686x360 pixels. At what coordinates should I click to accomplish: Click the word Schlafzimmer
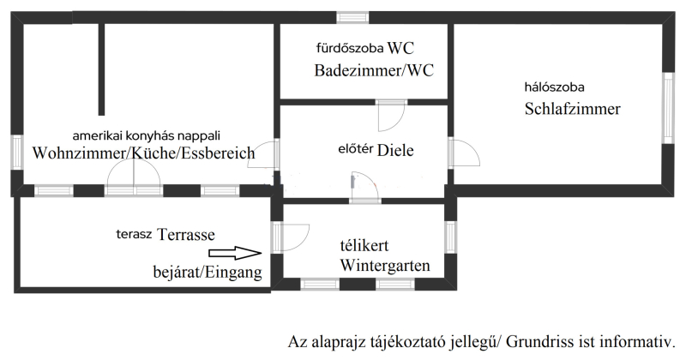coord(572,109)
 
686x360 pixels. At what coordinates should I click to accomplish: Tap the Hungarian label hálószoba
coord(554,87)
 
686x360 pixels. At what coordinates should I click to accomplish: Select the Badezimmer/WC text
coord(374,70)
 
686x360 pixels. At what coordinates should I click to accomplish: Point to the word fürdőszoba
coord(350,48)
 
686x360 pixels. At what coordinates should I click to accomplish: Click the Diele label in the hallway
coord(395,150)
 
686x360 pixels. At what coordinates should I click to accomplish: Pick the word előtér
coord(355,149)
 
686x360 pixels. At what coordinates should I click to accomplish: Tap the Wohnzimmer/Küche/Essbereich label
coord(143,153)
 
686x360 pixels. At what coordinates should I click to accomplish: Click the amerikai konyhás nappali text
coord(146,135)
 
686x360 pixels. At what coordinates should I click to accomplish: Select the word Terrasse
coord(186,235)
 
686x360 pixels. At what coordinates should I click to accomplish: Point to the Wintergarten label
coord(385,265)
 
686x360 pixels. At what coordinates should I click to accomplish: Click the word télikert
coord(364,245)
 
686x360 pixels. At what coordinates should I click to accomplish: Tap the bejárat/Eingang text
coord(208,272)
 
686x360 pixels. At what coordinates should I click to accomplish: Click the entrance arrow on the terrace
coord(235,253)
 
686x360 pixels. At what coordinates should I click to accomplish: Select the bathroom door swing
coord(391,117)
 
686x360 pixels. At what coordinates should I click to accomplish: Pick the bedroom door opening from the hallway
coord(464,153)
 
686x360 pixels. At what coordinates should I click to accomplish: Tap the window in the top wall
coord(352,17)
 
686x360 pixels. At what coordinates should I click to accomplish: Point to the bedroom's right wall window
coord(668,108)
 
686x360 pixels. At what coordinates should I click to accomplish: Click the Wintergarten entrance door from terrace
coord(290,237)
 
